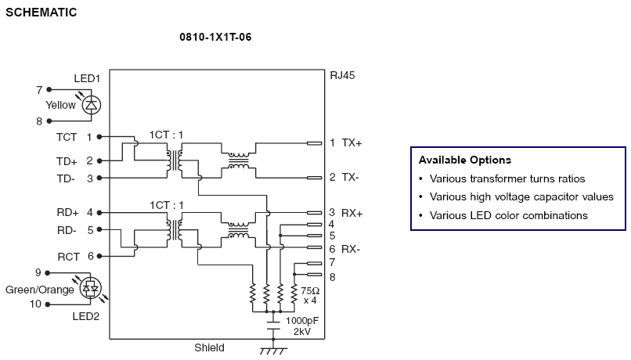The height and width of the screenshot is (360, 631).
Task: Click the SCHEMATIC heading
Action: [41, 13]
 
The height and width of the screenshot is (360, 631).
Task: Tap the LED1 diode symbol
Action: [92, 104]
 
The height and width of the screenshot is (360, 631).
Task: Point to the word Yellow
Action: [61, 105]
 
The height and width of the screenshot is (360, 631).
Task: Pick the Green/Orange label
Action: [40, 289]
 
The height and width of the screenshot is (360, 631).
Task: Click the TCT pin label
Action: [67, 137]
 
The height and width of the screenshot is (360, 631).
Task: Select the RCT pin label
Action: [67, 256]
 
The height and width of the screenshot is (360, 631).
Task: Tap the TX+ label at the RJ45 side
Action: [352, 143]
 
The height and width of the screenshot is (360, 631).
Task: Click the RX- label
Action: [352, 249]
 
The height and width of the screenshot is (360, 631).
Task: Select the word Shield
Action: [209, 347]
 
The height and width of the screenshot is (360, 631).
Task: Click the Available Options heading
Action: [464, 160]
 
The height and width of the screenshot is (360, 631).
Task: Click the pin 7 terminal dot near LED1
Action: [49, 90]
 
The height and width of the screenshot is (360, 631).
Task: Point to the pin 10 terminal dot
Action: [49, 304]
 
